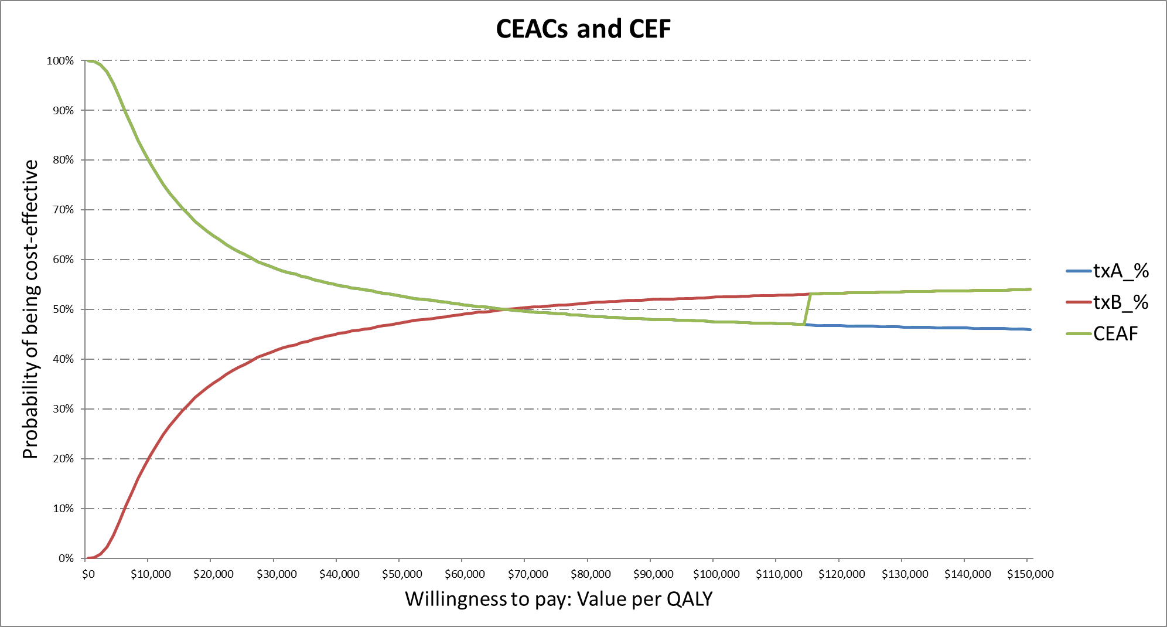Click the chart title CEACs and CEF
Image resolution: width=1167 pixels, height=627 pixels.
[x=583, y=29]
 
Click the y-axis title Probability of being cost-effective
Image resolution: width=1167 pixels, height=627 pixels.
[x=30, y=309]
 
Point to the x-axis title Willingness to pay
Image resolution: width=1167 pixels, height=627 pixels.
[x=558, y=599]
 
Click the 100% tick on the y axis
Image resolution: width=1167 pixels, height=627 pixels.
[x=60, y=61]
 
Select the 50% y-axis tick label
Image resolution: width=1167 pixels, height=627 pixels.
[x=63, y=309]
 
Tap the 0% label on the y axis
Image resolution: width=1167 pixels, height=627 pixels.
[x=66, y=558]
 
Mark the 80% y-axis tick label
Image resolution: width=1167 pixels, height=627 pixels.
[x=63, y=160]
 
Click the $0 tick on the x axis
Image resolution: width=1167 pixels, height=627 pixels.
[x=88, y=574]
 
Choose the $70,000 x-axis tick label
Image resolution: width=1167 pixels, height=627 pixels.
[x=528, y=574]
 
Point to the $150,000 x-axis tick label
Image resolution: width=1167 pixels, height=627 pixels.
[x=1030, y=574]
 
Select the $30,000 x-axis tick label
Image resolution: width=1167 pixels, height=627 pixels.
[x=277, y=574]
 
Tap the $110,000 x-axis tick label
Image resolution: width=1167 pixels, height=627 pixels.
[x=779, y=574]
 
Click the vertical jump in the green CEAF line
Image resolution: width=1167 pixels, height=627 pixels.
[x=808, y=309]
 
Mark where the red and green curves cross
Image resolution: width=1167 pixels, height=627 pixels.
[x=505, y=309]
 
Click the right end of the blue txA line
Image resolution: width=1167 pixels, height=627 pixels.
[x=1030, y=329]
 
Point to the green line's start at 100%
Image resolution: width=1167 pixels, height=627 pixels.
[x=87, y=61]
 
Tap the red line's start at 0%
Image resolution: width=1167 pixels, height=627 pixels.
[x=87, y=558]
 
